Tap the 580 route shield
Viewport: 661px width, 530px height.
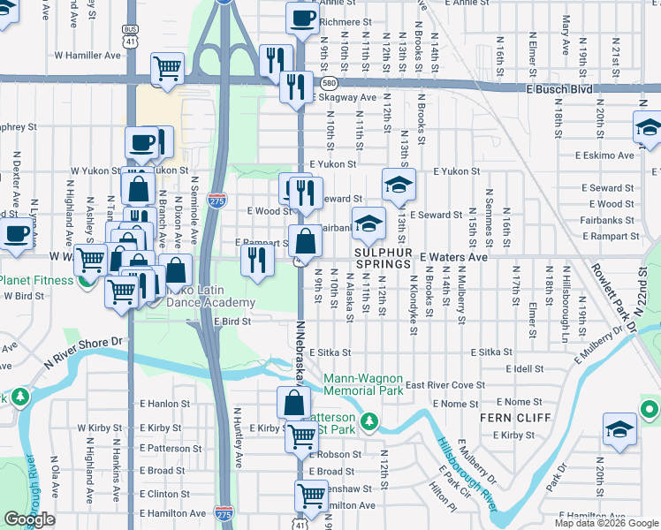(329, 83)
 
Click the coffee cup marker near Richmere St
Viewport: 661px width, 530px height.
(302, 19)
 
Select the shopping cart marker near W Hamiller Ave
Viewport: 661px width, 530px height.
(167, 68)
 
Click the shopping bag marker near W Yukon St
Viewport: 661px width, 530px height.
(139, 189)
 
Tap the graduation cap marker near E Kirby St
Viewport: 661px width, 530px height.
(619, 430)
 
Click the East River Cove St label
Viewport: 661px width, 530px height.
(445, 385)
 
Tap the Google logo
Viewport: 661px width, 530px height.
(29, 519)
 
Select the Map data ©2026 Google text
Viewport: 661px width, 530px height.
(605, 523)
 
